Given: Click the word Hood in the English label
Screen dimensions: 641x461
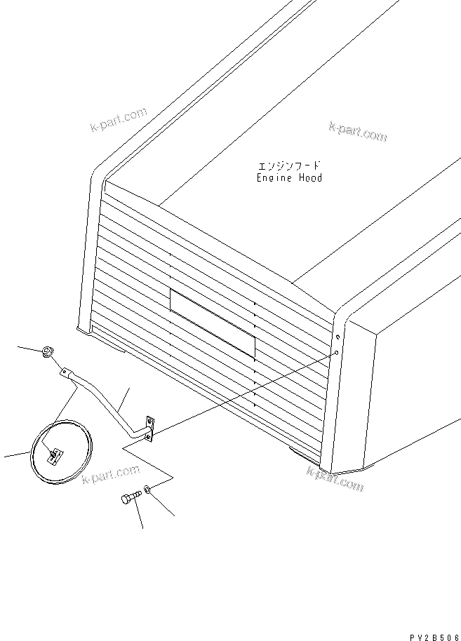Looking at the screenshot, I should tap(309, 178).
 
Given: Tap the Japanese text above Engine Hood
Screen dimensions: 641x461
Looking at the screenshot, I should tap(290, 166).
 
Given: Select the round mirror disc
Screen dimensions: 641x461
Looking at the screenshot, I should tap(61, 452).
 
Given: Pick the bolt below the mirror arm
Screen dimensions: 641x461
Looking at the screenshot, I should tap(131, 497).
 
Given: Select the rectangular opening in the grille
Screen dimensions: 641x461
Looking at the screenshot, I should tap(212, 322).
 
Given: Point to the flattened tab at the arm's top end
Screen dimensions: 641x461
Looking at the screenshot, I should tap(65, 372).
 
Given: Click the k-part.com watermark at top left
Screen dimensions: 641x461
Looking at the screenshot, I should tap(119, 119).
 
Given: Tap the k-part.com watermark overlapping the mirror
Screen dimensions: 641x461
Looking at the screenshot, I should tap(107, 479).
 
